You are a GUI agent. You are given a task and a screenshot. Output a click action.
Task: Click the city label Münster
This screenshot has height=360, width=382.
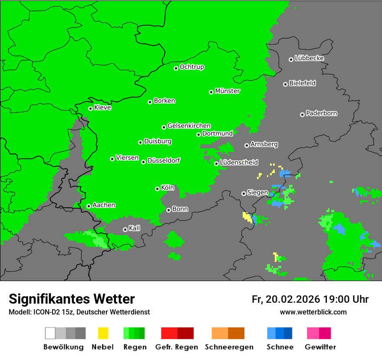227,91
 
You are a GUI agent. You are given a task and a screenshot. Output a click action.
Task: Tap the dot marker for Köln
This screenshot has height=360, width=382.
157,189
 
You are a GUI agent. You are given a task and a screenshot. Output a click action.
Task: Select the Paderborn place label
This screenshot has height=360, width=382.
321,113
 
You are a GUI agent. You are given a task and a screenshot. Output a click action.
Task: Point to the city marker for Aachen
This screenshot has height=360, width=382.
89,206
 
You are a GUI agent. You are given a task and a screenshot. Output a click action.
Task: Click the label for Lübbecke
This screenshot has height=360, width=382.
309,58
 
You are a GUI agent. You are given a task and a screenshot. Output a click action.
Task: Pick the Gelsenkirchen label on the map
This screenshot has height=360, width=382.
189,126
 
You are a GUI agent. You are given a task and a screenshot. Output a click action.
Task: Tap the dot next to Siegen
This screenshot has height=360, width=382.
244,193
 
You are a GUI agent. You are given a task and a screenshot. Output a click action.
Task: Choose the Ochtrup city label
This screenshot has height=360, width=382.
191,67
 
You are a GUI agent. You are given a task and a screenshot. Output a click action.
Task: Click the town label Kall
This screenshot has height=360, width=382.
135,228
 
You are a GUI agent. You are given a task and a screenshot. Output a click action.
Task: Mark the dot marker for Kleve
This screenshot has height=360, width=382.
90,108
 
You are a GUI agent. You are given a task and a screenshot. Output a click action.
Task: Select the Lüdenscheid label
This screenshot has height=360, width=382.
239,162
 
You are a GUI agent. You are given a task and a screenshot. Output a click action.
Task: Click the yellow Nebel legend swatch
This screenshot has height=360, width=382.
103,333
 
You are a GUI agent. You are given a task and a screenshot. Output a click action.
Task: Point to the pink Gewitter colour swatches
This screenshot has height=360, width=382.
319,333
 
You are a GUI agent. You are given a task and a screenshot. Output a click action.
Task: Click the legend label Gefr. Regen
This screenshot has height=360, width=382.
177,347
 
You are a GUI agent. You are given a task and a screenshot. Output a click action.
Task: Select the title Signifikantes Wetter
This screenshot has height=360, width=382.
72,299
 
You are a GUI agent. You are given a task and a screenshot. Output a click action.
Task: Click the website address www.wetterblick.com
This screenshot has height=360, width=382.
313,312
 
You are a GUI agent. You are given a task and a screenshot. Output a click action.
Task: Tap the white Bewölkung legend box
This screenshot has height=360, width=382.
50,333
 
